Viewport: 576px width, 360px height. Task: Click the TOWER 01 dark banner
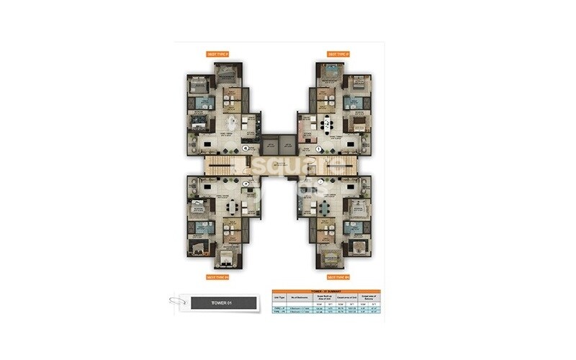click(x=224, y=302)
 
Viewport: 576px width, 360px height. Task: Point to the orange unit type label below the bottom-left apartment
click(x=217, y=276)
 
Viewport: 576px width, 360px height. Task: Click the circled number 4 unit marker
click(x=245, y=148)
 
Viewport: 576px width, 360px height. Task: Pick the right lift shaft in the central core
click(x=287, y=145)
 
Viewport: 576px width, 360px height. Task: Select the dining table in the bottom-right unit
click(x=325, y=208)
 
